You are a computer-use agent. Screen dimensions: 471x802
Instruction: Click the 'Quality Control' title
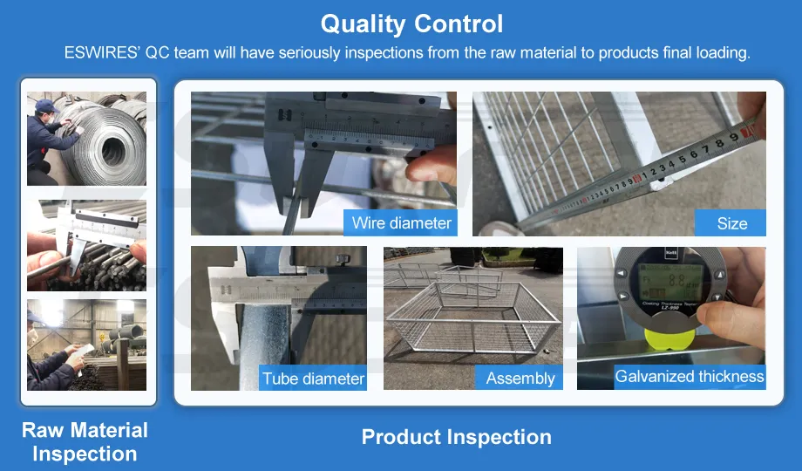click(411, 23)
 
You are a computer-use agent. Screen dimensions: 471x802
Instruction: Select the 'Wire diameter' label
click(401, 222)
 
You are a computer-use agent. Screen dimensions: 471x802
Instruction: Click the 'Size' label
click(731, 223)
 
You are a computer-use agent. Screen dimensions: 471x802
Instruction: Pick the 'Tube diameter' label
click(313, 379)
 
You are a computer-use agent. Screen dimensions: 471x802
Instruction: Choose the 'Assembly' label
click(520, 379)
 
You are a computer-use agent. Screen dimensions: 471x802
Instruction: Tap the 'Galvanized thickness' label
click(689, 377)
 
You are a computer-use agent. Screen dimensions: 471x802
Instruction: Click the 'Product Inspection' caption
click(456, 437)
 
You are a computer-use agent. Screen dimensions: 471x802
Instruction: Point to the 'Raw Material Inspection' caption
click(85, 441)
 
